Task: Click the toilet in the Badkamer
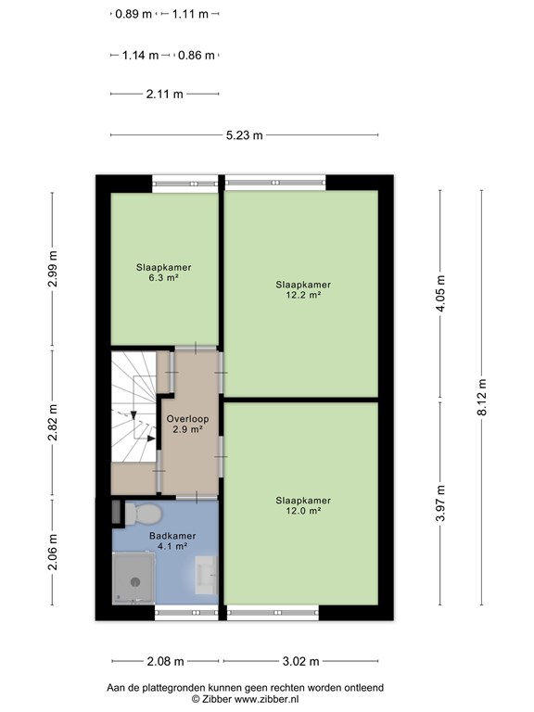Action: pyautogui.click(x=143, y=514)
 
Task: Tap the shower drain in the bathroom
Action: pyautogui.click(x=135, y=581)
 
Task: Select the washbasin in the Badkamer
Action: pyautogui.click(x=206, y=576)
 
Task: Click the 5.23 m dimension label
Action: pyautogui.click(x=245, y=135)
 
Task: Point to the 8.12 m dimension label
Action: pyautogui.click(x=482, y=397)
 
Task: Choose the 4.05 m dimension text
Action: pyautogui.click(x=440, y=293)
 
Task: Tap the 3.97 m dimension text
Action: pyautogui.click(x=440, y=503)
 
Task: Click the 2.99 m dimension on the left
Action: pyautogui.click(x=52, y=269)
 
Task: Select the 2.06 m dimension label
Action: pyautogui.click(x=52, y=552)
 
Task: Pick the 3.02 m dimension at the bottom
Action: pyautogui.click(x=300, y=661)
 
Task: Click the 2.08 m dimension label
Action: pyautogui.click(x=165, y=661)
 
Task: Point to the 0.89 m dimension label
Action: pyautogui.click(x=133, y=14)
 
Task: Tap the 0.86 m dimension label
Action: pyautogui.click(x=197, y=56)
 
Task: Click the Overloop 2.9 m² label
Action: pyautogui.click(x=187, y=424)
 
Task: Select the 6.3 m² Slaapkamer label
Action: pyautogui.click(x=163, y=273)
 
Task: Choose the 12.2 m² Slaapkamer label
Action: pyautogui.click(x=303, y=289)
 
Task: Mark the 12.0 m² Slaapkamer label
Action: pyautogui.click(x=303, y=505)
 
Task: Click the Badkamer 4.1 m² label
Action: pyautogui.click(x=172, y=540)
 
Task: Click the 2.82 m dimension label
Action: pyautogui.click(x=52, y=423)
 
